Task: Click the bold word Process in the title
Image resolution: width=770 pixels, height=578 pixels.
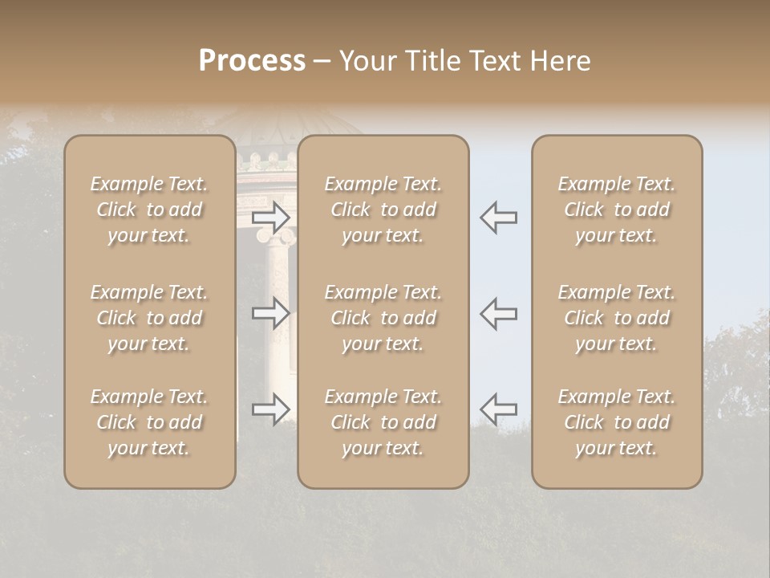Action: (x=252, y=61)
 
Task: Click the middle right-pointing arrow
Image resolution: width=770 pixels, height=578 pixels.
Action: (x=271, y=313)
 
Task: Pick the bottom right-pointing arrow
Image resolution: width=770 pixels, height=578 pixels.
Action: (x=271, y=409)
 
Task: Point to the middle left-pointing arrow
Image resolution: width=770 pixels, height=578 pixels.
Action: (x=498, y=313)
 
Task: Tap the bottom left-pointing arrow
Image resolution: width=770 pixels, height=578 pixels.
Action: (x=498, y=409)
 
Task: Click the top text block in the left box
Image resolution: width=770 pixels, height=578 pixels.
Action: (x=149, y=210)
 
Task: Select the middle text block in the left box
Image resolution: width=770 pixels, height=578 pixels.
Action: (x=149, y=318)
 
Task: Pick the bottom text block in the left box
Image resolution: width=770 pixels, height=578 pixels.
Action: (x=149, y=422)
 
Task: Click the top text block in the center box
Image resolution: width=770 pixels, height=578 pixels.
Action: (x=383, y=210)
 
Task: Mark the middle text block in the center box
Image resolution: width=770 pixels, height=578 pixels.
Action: (x=383, y=318)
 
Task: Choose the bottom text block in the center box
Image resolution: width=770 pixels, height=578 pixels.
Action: (x=383, y=422)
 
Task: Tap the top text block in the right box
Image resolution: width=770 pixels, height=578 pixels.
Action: (x=617, y=210)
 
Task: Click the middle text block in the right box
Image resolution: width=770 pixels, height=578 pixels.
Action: (x=617, y=318)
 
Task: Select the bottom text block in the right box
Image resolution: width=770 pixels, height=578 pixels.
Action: (x=617, y=422)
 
